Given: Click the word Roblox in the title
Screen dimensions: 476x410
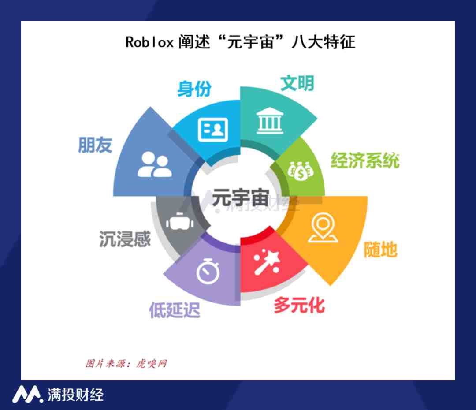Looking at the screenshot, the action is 149,42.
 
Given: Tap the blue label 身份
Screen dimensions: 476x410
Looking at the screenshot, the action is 194,89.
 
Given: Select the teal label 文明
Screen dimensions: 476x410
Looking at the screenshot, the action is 297,83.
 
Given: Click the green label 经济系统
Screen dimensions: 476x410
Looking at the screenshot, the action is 365,160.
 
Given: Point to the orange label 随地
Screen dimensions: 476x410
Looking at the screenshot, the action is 381,250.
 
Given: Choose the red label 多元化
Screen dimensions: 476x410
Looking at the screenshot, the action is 299,305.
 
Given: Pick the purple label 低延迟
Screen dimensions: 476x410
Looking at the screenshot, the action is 175,310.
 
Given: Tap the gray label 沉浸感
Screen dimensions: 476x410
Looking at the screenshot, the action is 125,239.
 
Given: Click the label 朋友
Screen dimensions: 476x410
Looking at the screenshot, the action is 95,145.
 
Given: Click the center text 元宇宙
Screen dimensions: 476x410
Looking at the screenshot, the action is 241,198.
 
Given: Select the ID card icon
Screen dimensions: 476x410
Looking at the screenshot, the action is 213,130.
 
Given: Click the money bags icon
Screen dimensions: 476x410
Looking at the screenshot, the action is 301,171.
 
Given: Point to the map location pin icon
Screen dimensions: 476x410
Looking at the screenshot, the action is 323,228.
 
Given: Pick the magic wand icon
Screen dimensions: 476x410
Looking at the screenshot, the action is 266,262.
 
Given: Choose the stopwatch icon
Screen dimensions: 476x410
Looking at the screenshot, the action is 208,271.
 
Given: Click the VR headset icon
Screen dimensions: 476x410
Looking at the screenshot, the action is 180,221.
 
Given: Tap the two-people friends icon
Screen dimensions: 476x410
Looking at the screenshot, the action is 155,164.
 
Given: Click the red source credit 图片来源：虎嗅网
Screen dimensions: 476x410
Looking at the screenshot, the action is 126,363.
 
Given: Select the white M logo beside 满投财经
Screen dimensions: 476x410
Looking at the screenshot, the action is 27,394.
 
